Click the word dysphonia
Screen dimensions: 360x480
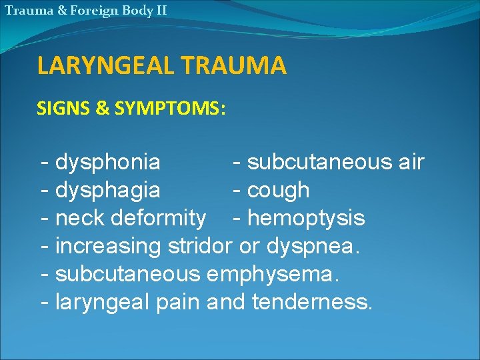[108, 162]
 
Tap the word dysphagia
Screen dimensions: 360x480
[108, 190]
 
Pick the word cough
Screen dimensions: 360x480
[278, 191]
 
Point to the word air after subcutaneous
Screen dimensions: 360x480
[409, 162]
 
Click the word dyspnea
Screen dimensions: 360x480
[313, 246]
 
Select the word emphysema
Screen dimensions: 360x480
[279, 274]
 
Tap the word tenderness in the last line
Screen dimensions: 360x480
[312, 302]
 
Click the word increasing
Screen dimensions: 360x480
[109, 247]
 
